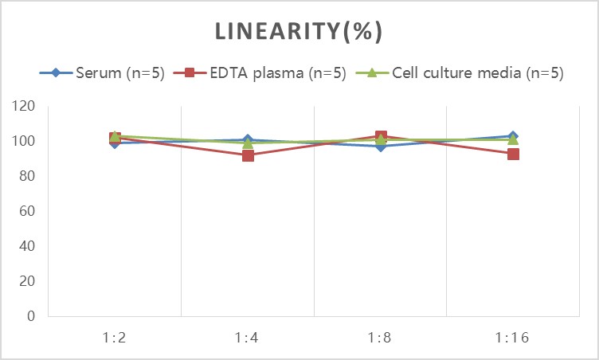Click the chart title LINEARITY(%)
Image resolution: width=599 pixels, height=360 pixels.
point(299,32)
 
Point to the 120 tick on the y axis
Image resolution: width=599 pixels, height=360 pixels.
point(25,106)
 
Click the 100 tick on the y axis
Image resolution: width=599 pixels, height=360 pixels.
point(25,141)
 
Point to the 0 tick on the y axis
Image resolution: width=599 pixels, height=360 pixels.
point(31,316)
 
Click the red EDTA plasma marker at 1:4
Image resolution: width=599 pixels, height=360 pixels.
point(248,155)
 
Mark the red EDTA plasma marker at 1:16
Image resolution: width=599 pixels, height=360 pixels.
point(514,154)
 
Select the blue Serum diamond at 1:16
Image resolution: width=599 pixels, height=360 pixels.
point(514,137)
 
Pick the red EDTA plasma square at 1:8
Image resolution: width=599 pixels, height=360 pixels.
point(381,137)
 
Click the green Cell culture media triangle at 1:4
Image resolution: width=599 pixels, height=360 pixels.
point(248,143)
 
